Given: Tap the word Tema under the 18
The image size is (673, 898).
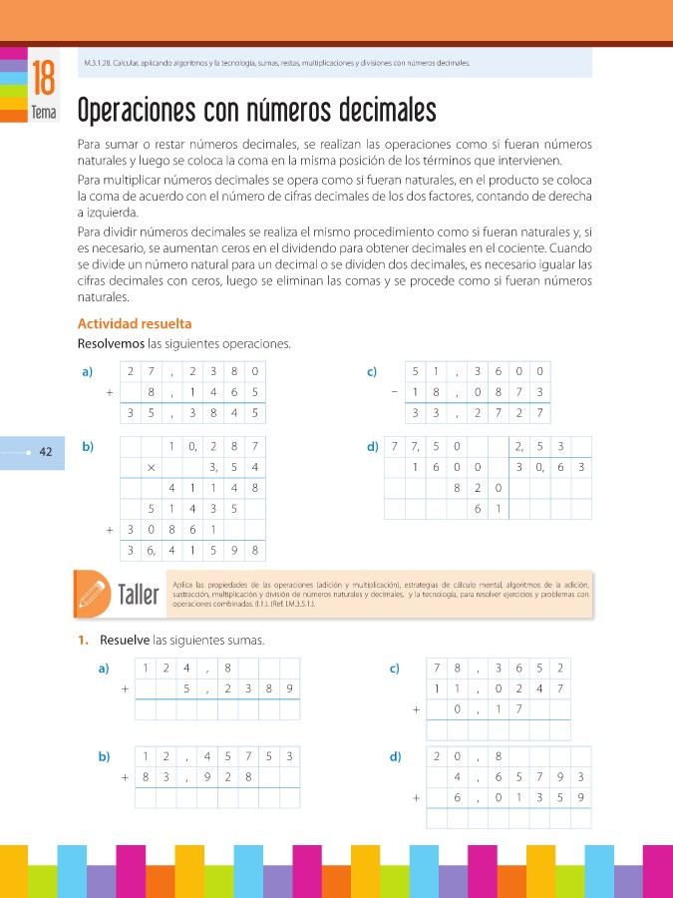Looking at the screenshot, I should pyautogui.click(x=43, y=113).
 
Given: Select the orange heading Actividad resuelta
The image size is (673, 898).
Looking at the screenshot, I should pyautogui.click(x=135, y=324).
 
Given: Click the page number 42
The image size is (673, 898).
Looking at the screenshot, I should pyautogui.click(x=46, y=452).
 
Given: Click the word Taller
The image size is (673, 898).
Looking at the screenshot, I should pyautogui.click(x=139, y=597).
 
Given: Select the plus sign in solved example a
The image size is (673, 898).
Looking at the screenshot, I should pyautogui.click(x=109, y=392).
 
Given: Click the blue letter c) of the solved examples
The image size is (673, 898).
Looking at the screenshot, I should pyautogui.click(x=371, y=372).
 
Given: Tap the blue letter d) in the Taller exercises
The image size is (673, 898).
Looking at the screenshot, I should pyautogui.click(x=395, y=756).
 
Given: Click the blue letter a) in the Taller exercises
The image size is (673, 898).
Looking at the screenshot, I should pyautogui.click(x=104, y=669).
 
